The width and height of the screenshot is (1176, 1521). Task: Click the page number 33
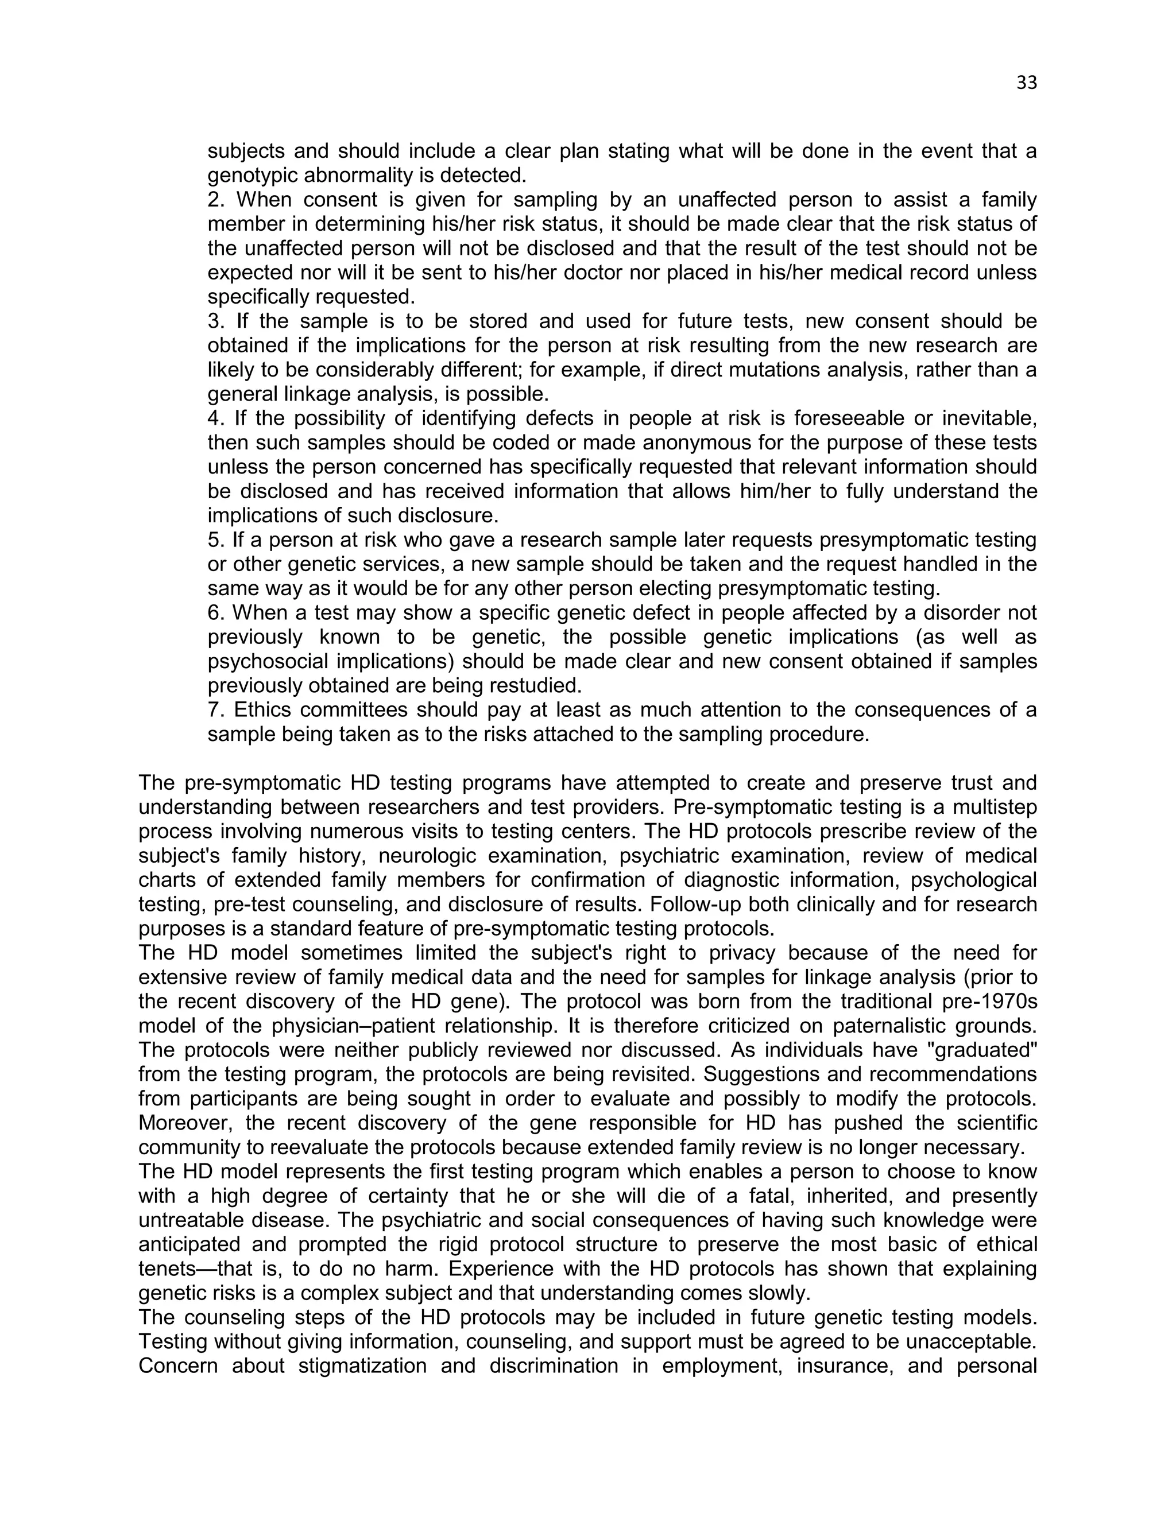[x=1026, y=83]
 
